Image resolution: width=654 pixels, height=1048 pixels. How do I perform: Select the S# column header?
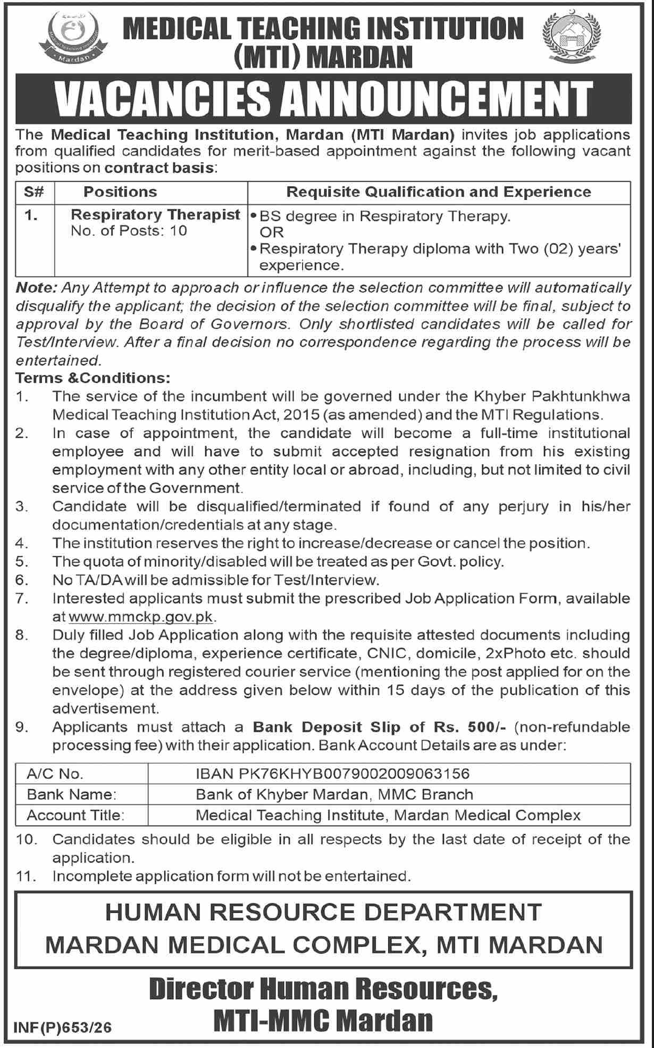pyautogui.click(x=34, y=192)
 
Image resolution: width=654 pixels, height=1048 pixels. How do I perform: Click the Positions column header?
pyautogui.click(x=121, y=192)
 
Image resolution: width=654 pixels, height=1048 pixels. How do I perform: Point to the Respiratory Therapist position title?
pyautogui.click(x=156, y=215)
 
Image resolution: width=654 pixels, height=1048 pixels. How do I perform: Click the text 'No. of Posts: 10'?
pyautogui.click(x=129, y=231)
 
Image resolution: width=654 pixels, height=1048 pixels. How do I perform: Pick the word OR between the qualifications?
pyautogui.click(x=272, y=232)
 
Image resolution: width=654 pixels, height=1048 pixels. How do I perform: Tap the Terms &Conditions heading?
pyautogui.click(x=93, y=378)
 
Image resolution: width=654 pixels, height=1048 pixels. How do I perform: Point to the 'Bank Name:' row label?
pyautogui.click(x=72, y=794)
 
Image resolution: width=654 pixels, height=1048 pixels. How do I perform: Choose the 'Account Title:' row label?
pyautogui.click(x=76, y=815)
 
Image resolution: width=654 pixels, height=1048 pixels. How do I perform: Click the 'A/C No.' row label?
pyautogui.click(x=55, y=773)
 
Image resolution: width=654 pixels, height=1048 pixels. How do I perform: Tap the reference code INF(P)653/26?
pyautogui.click(x=64, y=1028)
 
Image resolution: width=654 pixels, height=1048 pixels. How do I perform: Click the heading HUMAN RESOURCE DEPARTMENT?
pyautogui.click(x=323, y=912)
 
